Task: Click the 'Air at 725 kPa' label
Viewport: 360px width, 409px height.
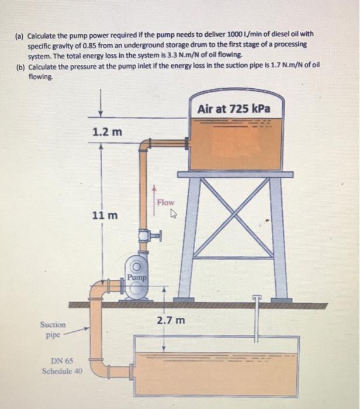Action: coord(233,109)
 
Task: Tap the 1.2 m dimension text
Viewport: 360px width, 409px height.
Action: coord(108,131)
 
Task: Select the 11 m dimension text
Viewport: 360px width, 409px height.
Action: coord(105,216)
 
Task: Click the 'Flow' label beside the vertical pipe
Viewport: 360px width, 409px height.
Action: coord(165,202)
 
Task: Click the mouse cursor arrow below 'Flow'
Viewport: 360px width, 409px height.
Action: coord(166,214)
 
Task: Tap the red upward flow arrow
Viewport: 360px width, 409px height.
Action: coord(154,199)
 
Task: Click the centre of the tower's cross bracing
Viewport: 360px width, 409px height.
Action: coord(233,216)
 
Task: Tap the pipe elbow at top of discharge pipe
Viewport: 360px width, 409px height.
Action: coord(145,145)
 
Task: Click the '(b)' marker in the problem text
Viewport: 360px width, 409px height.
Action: coord(20,65)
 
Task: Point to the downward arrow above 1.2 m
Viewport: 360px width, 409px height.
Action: coord(102,109)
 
